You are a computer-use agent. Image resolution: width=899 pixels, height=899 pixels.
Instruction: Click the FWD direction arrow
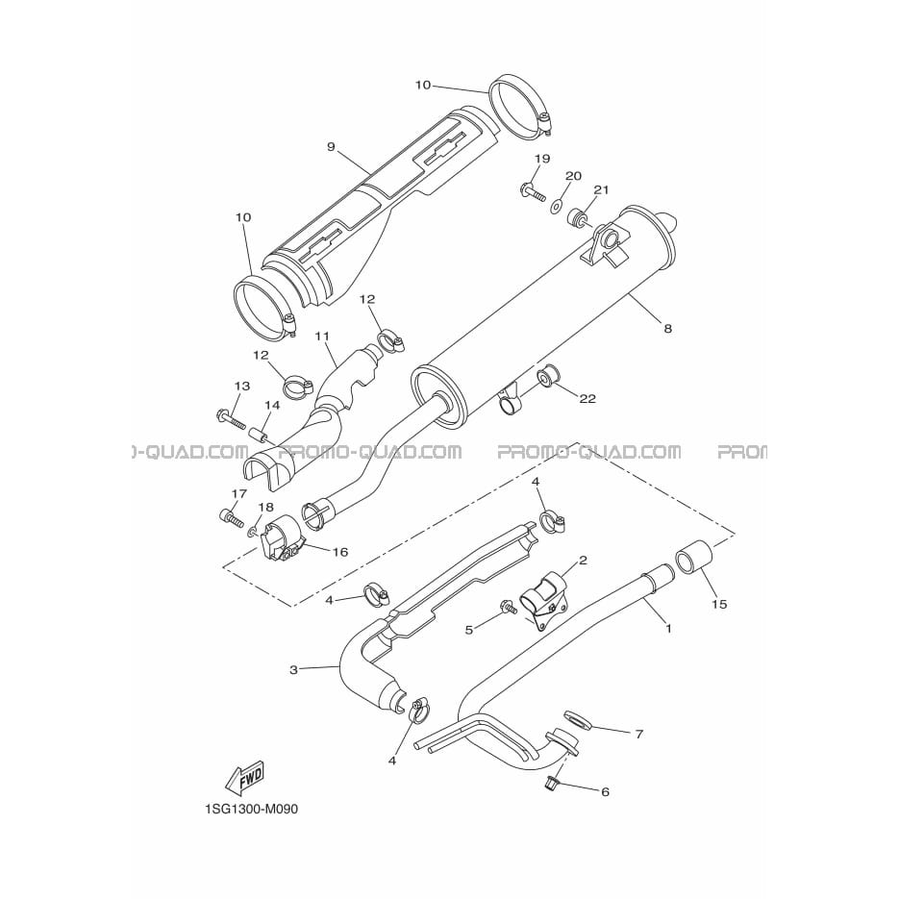point(246,778)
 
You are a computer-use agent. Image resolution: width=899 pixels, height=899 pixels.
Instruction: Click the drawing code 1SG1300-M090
point(251,810)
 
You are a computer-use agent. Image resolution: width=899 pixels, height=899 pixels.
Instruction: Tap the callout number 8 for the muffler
point(667,329)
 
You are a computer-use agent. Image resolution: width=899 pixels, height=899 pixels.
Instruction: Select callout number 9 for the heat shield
point(331,147)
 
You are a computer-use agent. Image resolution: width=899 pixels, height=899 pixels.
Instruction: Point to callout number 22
point(587,398)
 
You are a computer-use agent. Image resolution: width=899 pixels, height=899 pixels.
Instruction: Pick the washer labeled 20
point(556,205)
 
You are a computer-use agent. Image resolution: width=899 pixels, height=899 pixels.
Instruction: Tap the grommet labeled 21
point(577,218)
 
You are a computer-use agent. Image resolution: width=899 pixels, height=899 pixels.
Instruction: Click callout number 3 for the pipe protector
point(293,669)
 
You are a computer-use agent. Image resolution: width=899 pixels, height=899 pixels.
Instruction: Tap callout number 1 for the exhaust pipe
point(668,629)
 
